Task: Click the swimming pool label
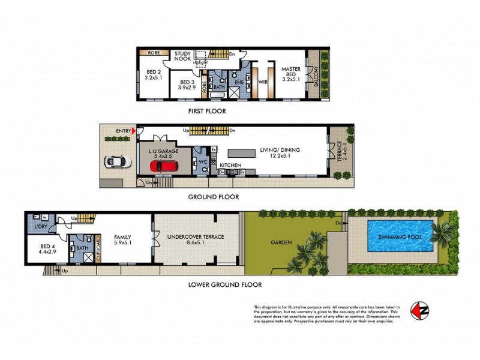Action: tap(400, 237)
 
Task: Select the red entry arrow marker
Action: tap(134, 131)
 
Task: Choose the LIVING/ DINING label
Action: tap(280, 150)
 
